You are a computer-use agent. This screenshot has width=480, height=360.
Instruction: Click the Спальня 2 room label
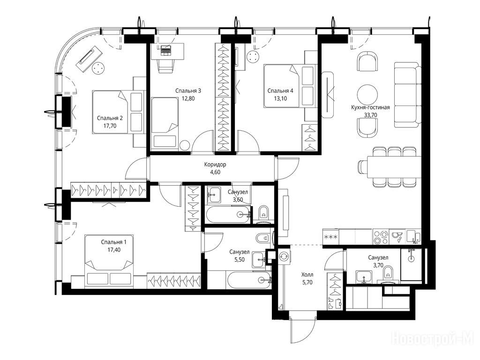[x=110, y=118]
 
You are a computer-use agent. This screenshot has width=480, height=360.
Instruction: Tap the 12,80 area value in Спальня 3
[x=188, y=98]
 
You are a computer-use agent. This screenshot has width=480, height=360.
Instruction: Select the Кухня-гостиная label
[x=370, y=107]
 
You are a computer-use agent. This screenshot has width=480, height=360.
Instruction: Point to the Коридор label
[x=215, y=165]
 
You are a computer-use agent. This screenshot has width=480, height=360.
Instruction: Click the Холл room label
[x=307, y=275]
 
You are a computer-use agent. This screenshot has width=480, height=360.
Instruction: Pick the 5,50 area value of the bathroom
[x=240, y=259]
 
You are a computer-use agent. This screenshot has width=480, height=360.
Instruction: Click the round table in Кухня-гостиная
[x=367, y=95]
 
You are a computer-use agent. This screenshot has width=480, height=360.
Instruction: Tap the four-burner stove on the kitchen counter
[x=380, y=237]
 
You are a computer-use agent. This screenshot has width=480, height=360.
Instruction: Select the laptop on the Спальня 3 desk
[x=166, y=50]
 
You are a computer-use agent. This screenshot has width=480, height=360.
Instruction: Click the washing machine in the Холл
[x=284, y=256]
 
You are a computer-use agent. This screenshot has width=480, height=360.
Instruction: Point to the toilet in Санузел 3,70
[x=388, y=273]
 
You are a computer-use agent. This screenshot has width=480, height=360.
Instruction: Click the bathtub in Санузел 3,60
[x=229, y=214]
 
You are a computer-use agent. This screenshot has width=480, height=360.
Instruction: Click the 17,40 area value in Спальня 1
[x=114, y=249]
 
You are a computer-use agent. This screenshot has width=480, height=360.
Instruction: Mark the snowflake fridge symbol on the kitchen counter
[x=331, y=237]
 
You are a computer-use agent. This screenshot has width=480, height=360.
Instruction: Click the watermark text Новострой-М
[x=433, y=339]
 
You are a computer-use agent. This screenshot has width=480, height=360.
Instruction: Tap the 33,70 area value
[x=370, y=115]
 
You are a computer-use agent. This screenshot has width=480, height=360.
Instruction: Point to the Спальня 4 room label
[x=280, y=90]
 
